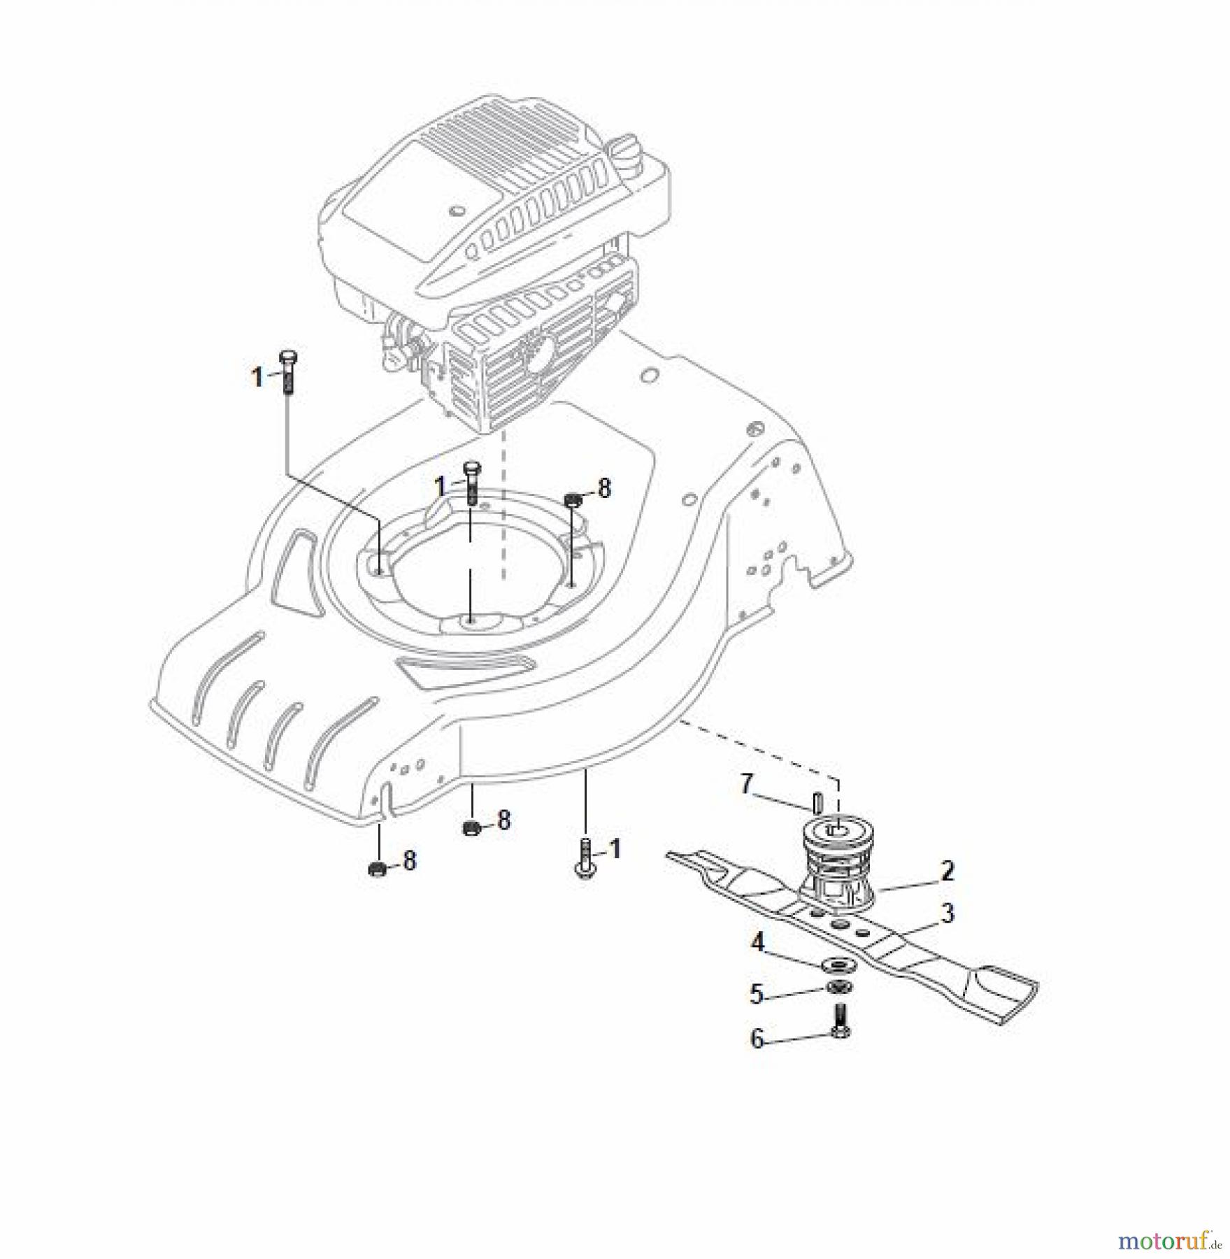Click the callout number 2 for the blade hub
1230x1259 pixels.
point(947,872)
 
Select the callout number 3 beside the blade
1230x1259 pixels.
point(947,913)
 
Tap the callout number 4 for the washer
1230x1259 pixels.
point(757,942)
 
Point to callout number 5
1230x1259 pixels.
point(756,994)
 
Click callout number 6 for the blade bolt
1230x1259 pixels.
point(757,1039)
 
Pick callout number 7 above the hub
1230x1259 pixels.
point(747,784)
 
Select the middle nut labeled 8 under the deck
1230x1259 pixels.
point(471,829)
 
